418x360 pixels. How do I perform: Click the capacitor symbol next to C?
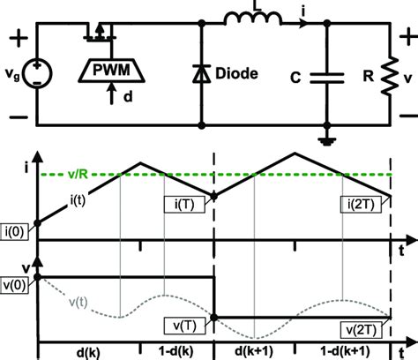(x=327, y=77)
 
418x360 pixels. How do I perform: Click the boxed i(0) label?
(x=17, y=234)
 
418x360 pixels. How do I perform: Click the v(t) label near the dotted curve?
(x=80, y=303)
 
